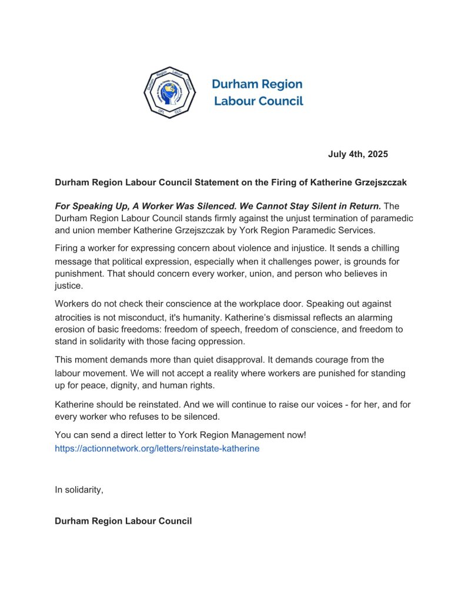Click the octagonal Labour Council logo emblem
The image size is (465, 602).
(x=169, y=92)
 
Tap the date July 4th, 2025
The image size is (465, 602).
(x=357, y=155)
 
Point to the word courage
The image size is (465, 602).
(x=303, y=360)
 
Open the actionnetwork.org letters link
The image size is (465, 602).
(x=157, y=448)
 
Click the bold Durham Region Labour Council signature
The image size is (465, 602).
(x=123, y=521)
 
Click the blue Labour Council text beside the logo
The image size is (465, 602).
(x=258, y=101)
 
